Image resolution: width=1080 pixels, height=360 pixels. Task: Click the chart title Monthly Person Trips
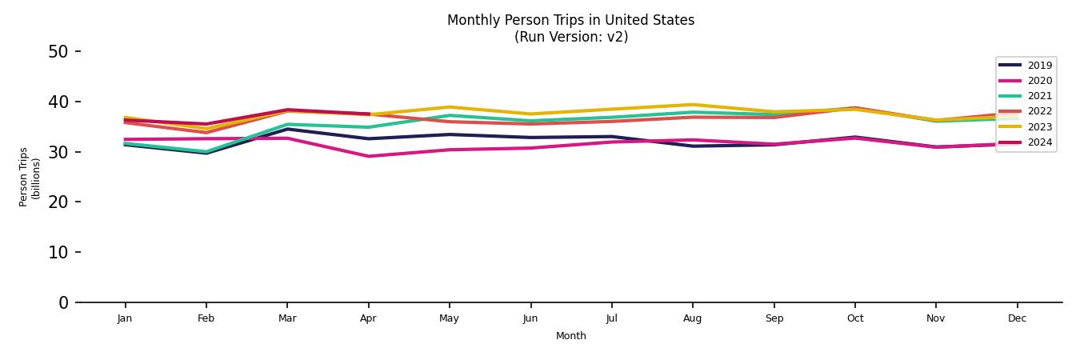tap(570, 20)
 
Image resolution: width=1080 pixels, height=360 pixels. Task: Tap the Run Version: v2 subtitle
tap(570, 37)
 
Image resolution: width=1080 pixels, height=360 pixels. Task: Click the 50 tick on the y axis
tap(58, 52)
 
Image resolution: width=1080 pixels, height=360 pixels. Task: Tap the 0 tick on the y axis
tap(63, 302)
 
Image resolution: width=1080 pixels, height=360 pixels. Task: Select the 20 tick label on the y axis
tap(58, 202)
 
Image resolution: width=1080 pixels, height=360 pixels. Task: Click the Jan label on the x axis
tap(124, 318)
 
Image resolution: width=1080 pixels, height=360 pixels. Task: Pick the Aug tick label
tap(692, 318)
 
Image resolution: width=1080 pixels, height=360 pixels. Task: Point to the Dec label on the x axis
tap(1017, 318)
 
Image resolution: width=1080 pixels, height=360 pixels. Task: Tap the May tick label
tap(449, 318)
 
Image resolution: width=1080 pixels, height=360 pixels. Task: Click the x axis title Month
tap(570, 336)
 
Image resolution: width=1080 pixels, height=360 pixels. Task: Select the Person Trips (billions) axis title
tap(29, 177)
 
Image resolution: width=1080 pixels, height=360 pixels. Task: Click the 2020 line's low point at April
tap(368, 156)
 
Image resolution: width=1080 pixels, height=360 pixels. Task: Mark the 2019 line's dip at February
tap(206, 153)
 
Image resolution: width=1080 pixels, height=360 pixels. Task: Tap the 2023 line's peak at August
tap(693, 105)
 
